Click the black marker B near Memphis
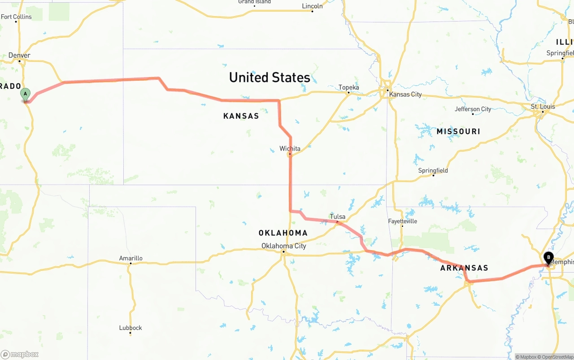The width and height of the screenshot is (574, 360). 548,258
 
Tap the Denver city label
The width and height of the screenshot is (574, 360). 19,55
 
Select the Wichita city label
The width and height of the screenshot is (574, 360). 290,148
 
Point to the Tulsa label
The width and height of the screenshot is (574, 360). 338,217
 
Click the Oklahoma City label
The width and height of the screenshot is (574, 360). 284,246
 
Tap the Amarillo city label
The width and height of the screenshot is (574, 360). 130,258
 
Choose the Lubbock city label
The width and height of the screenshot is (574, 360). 130,328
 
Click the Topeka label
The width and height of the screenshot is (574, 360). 349,87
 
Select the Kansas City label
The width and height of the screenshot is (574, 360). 405,94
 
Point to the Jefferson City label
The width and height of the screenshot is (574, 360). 473,109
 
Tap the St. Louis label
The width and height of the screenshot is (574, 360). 543,106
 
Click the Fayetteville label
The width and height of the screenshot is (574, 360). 402,221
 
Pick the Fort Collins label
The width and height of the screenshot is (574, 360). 17,17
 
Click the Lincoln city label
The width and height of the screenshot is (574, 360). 312,6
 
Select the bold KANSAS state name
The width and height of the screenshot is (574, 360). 241,116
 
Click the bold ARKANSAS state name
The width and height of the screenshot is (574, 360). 464,268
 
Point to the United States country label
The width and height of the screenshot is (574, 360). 270,77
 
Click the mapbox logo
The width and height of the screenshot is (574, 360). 20,354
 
